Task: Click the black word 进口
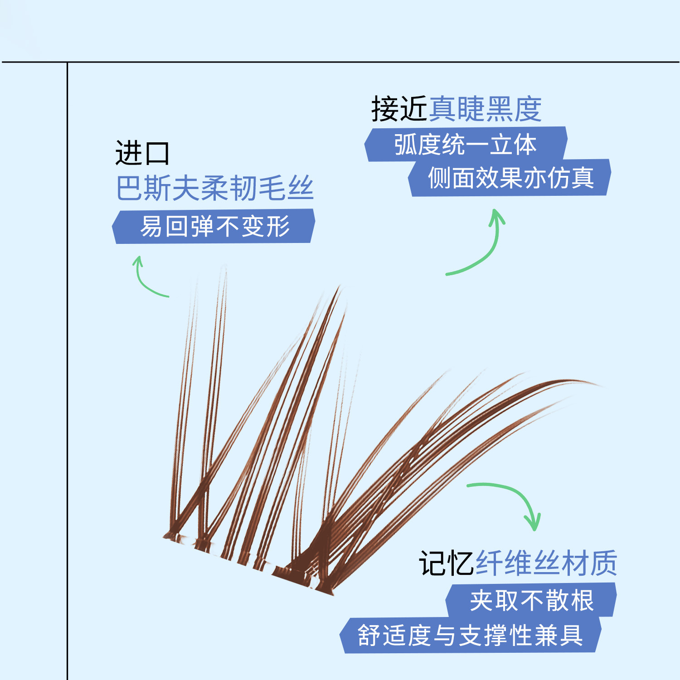(142, 153)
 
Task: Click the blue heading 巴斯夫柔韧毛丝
(215, 188)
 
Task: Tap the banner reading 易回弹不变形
(214, 226)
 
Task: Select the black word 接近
(399, 109)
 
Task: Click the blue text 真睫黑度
(485, 109)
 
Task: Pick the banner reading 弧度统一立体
(466, 144)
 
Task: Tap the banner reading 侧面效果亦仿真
(510, 178)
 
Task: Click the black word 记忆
(447, 563)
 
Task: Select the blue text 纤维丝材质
(546, 563)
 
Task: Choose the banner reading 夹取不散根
(531, 600)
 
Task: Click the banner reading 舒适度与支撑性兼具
(471, 635)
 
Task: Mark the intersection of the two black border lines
(67, 62)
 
